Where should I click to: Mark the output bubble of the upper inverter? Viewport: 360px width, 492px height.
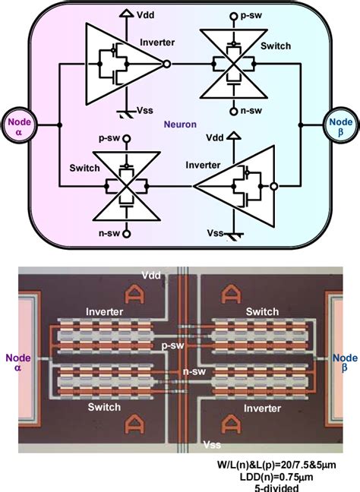pos(167,65)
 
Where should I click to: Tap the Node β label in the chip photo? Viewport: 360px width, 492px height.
pos(346,364)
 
